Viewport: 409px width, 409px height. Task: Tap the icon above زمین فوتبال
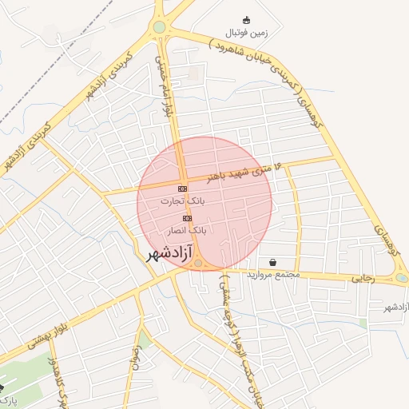pyautogui.click(x=246, y=20)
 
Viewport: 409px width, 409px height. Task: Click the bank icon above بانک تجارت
pyautogui.click(x=182, y=189)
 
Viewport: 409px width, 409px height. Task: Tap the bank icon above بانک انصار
pyautogui.click(x=187, y=217)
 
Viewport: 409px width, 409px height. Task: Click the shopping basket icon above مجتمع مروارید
pyautogui.click(x=273, y=262)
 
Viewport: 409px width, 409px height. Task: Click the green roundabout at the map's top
pyautogui.click(x=160, y=27)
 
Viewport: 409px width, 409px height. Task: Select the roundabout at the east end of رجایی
pyautogui.click(x=402, y=278)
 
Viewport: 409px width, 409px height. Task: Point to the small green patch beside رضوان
pyautogui.click(x=145, y=340)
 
